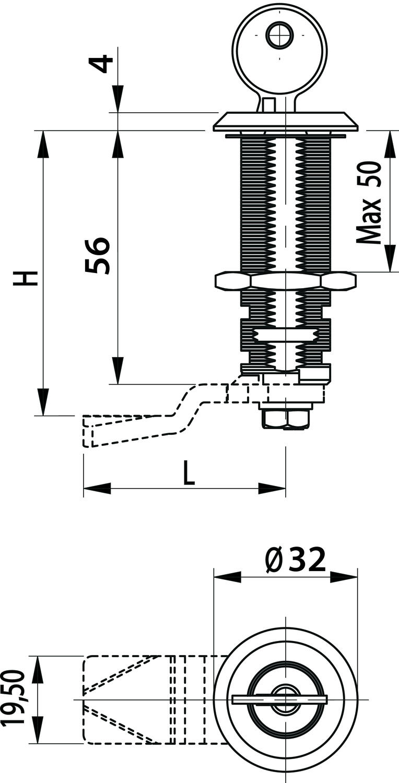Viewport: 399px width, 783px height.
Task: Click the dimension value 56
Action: click(98, 255)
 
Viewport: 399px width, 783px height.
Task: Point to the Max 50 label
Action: click(370, 202)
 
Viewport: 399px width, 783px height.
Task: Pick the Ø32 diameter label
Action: click(296, 561)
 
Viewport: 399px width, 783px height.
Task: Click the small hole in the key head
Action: click(279, 36)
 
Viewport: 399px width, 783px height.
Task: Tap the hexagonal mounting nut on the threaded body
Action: click(285, 281)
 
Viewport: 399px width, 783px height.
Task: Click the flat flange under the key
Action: click(286, 121)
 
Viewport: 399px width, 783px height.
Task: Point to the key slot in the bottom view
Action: click(279, 699)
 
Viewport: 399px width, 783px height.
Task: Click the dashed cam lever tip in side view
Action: click(89, 431)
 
